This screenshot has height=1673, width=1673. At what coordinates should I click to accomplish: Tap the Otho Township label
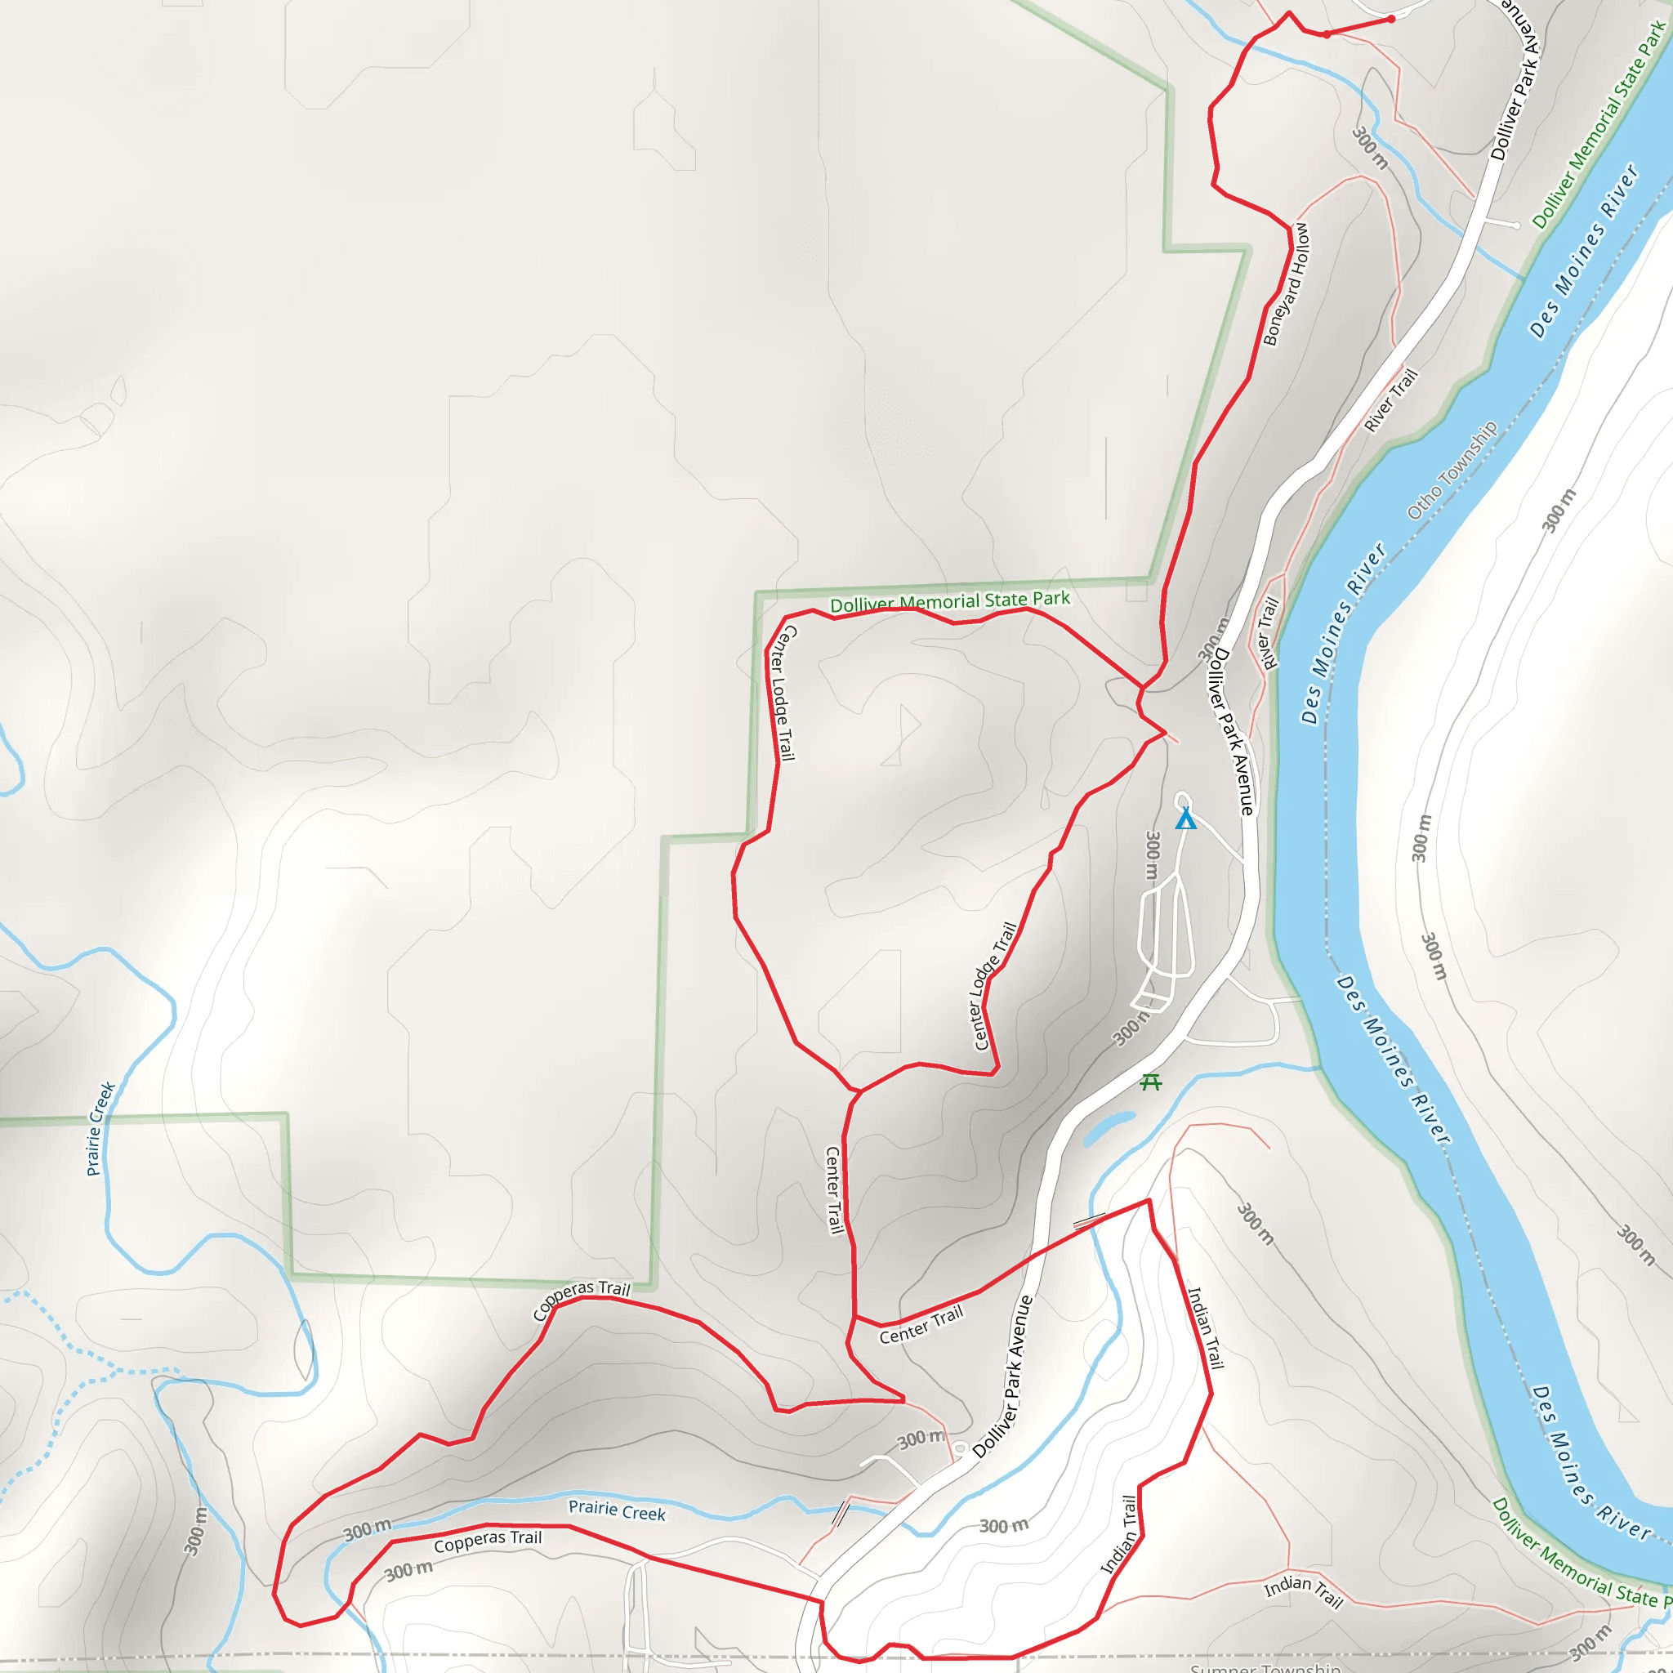tap(1452, 471)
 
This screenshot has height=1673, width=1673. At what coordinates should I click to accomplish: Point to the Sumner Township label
tap(1265, 1667)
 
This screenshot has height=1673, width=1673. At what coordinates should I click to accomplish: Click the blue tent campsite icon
tap(1185, 819)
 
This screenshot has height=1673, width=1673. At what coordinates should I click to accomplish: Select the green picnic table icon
tap(1151, 1082)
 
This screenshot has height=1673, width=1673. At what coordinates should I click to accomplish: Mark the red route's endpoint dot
tap(1390, 19)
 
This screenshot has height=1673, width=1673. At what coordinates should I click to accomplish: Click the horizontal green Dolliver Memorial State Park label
tap(950, 601)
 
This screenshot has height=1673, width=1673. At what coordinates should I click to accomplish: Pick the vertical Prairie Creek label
tap(100, 1128)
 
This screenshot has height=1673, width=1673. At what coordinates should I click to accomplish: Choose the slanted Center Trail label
tap(921, 1326)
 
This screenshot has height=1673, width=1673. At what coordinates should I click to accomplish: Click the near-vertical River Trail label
tap(1269, 633)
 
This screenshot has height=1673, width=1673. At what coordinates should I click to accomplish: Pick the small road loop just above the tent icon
tap(1183, 800)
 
